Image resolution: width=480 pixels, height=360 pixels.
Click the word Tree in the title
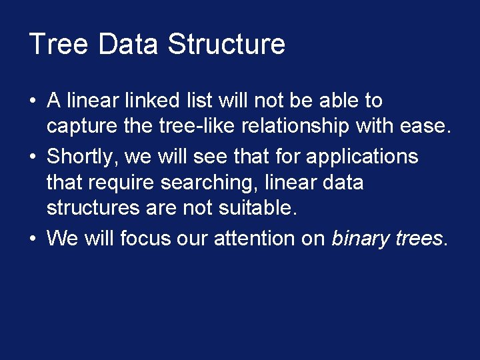[58, 45]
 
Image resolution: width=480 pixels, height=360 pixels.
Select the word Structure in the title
[227, 45]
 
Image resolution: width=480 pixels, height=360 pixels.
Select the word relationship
[315, 127]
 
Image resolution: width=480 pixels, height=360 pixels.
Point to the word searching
[214, 183]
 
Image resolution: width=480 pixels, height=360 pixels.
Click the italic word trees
[418, 238]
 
